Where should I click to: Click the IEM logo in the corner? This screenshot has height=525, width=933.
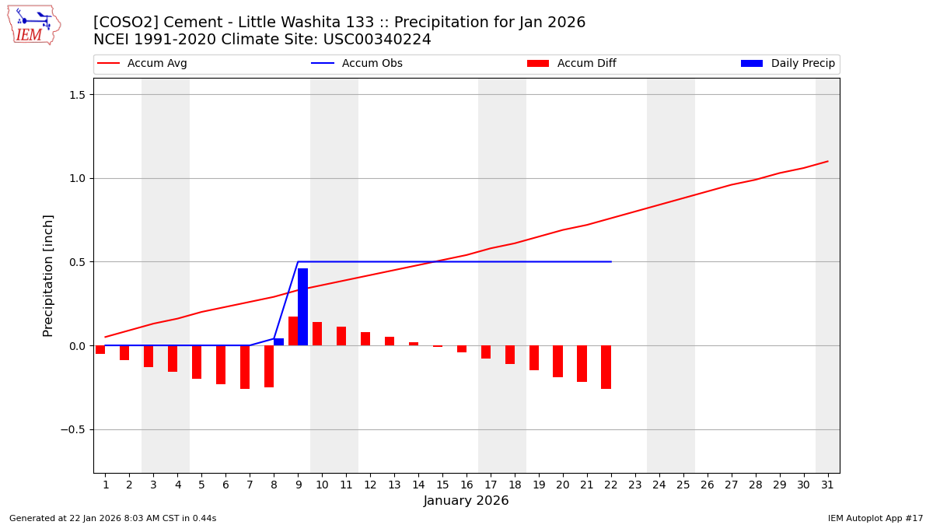click(33, 24)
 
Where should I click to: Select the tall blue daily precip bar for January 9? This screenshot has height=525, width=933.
click(302, 306)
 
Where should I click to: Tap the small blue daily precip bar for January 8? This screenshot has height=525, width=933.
click(278, 341)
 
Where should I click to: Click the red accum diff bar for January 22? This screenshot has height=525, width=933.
click(606, 367)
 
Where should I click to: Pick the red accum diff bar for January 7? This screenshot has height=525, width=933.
click(245, 367)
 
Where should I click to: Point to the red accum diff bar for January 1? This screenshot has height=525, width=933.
click(100, 349)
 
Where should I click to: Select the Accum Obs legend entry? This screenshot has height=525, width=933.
click(357, 64)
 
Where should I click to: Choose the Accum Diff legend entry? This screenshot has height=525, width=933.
click(571, 64)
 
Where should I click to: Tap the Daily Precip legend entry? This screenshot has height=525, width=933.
click(788, 64)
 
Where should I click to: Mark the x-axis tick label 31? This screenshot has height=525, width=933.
click(827, 485)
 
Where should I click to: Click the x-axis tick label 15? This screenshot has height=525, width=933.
click(442, 485)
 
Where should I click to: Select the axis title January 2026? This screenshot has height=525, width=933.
click(466, 501)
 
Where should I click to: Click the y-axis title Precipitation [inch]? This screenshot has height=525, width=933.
click(48, 275)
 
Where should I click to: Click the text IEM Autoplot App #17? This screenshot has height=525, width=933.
click(875, 518)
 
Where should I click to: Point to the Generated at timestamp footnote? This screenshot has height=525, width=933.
click(113, 518)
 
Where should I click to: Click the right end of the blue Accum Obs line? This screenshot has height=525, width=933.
click(611, 261)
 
